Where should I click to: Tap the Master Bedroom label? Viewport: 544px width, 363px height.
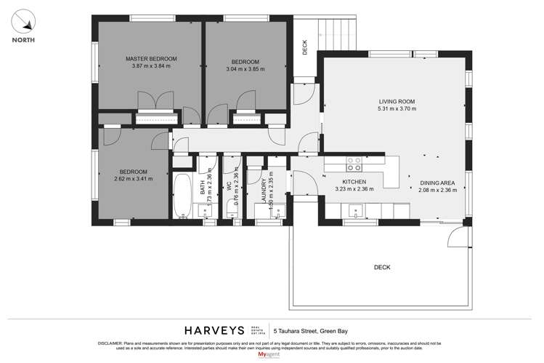pos(151,58)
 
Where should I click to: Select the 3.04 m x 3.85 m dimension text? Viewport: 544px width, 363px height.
pos(245,70)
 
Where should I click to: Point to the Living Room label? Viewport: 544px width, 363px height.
pos(396,101)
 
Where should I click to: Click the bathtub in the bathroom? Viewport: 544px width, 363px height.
pos(183,195)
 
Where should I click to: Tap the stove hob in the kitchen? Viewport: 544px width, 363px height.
pos(355,163)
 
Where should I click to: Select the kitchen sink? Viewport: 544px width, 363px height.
pos(356,211)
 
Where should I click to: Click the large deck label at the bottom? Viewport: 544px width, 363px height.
pos(382,268)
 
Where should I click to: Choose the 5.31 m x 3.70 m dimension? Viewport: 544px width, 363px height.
pos(397,109)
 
